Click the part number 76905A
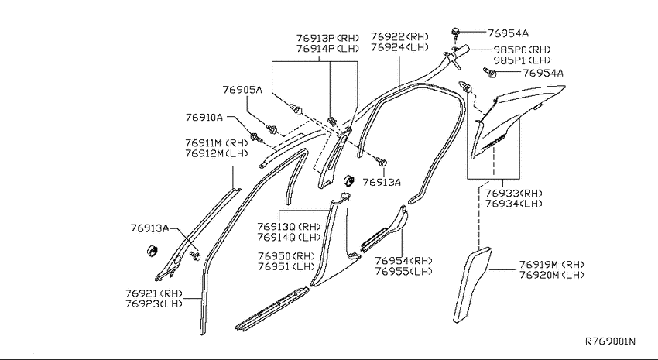pos(242,90)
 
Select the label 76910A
pos(204,117)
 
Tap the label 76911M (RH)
pos(217,143)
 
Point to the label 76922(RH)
pos(399,36)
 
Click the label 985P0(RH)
pos(522,50)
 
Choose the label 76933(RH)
pos(514,194)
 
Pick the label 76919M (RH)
pos(552,265)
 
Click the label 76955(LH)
pos(403,272)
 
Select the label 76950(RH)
pos(286,256)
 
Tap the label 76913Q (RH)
pos(289,227)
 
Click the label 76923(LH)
pos(154,303)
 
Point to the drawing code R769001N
pos(610,341)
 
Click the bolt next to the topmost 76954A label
pos(456,33)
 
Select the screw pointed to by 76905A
pos(272,129)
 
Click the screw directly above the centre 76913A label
pos(381,162)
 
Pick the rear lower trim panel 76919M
pos(471,284)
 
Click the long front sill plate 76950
pos(272,309)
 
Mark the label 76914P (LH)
pos(327,49)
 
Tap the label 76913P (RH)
pos(327,38)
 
